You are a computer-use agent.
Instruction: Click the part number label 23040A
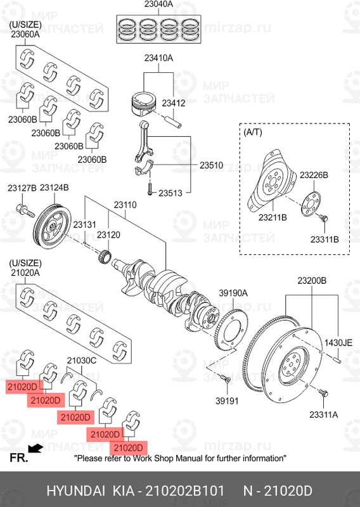[x=158, y=4]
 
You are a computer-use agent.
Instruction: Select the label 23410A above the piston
[x=158, y=58]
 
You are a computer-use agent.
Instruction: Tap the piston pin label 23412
[x=174, y=103]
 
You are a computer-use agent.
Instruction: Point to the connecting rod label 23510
[x=211, y=165]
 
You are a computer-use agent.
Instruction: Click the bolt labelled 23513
[x=150, y=189]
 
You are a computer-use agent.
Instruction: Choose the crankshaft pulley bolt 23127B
[x=25, y=210]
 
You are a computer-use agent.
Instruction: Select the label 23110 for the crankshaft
[x=125, y=205]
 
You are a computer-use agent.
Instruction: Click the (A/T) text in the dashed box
[x=253, y=132]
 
